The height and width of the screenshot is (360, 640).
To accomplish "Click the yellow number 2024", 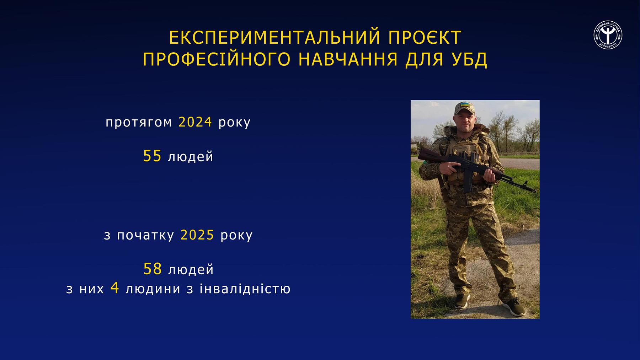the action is [x=195, y=122].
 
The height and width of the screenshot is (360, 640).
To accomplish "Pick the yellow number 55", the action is [x=152, y=156].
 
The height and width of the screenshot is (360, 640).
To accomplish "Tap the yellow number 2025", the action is [x=197, y=235].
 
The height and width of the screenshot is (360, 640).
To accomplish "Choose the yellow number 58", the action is [x=153, y=269].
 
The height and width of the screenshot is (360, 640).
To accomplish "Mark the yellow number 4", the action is [x=114, y=288].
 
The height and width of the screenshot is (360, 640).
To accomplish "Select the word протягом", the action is [x=139, y=123].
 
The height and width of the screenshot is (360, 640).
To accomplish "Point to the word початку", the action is [x=145, y=235].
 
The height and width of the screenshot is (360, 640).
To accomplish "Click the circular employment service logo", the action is [x=608, y=35].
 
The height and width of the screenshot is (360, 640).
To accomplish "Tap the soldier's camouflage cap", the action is [x=464, y=108].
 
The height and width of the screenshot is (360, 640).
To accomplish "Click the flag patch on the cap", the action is [x=464, y=105].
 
